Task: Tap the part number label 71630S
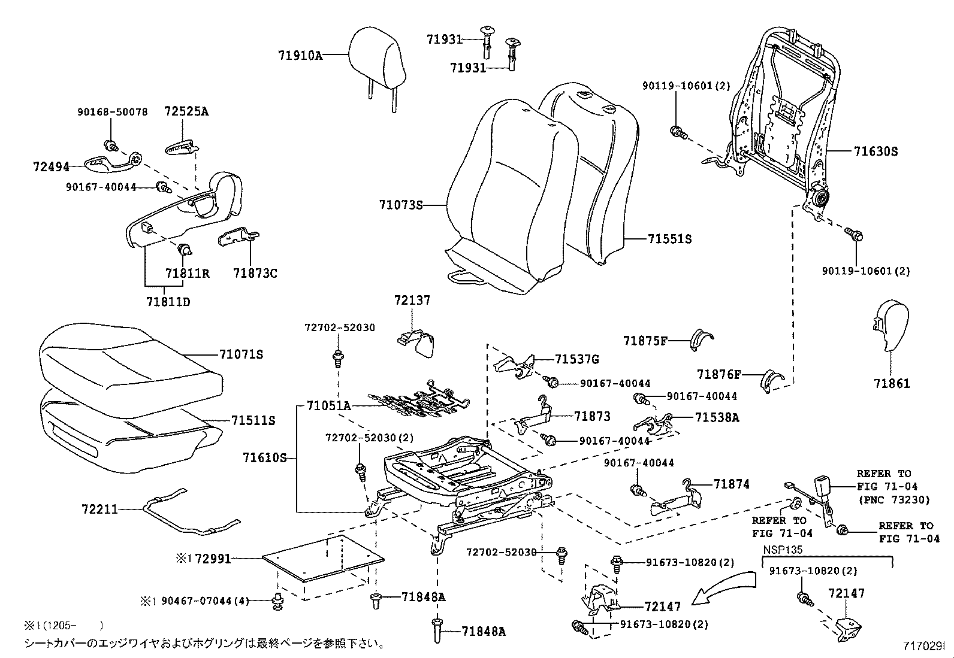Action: (x=875, y=151)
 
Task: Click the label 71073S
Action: (x=400, y=205)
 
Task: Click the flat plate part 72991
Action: (x=324, y=559)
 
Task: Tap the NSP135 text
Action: (x=782, y=549)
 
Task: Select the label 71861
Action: (x=891, y=383)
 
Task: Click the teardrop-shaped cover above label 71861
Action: (x=890, y=326)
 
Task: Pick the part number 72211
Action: (x=99, y=510)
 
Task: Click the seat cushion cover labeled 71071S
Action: (x=129, y=365)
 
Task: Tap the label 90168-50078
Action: (x=112, y=112)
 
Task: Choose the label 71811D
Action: (x=168, y=301)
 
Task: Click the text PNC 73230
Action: (x=893, y=499)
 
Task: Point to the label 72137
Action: (x=412, y=301)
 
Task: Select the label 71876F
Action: (x=719, y=375)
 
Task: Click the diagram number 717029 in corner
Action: (x=923, y=646)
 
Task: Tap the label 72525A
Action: (x=186, y=111)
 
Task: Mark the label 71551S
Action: (x=669, y=239)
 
